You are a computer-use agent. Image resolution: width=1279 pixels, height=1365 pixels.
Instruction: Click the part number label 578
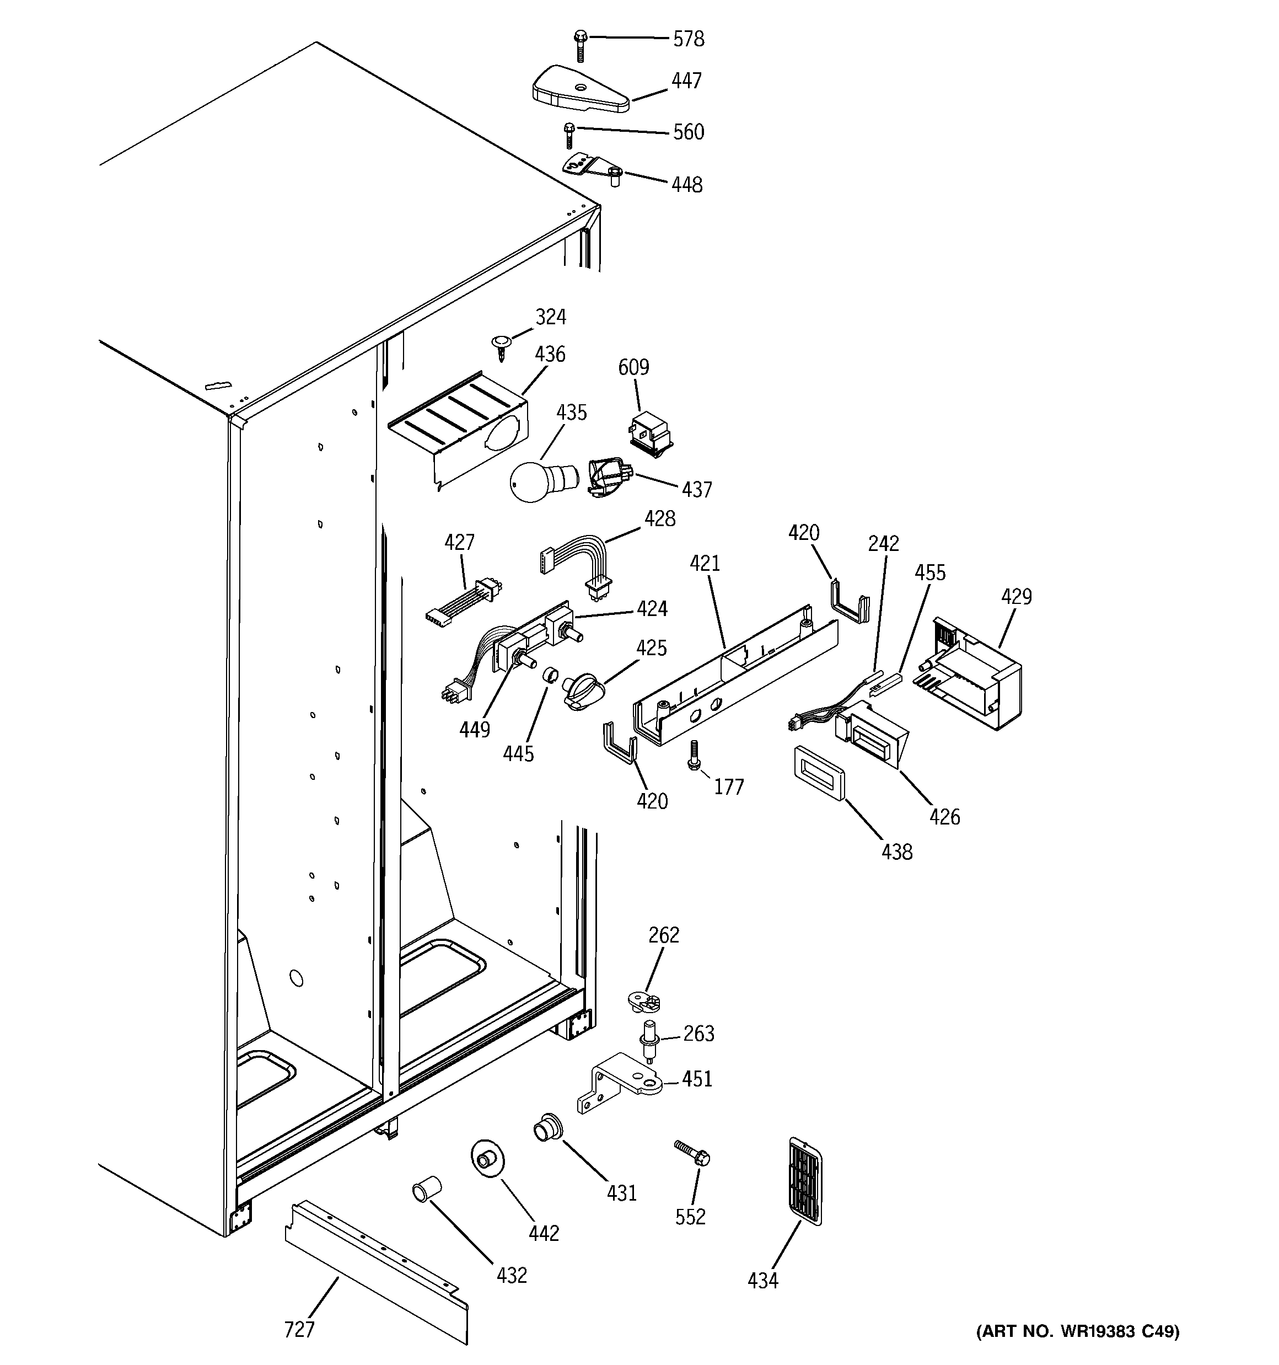(688, 39)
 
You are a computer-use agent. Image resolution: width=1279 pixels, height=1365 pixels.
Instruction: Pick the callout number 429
(1015, 596)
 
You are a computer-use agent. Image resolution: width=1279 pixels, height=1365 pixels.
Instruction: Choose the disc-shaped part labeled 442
(487, 1160)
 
